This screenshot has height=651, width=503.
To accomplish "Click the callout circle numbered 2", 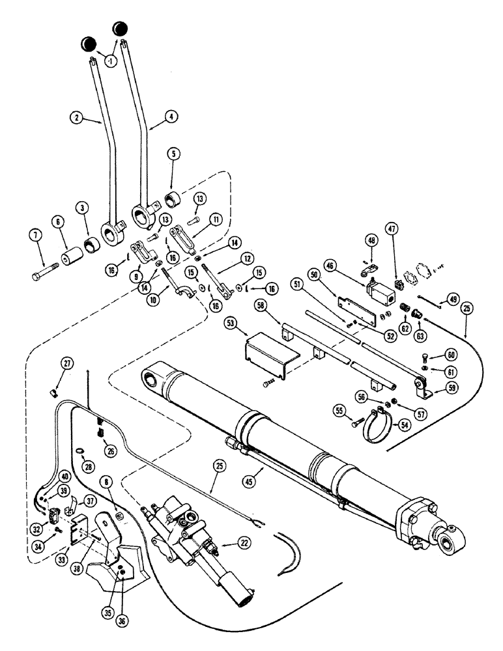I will (x=78, y=118).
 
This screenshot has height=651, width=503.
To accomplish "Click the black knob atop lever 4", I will (x=120, y=29).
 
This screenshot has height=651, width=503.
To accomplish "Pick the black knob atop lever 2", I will (x=89, y=44).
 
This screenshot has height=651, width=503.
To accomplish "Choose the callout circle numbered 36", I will (x=122, y=602).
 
